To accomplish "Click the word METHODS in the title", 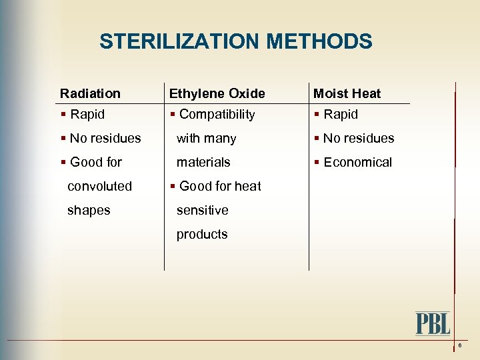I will pos(319,42).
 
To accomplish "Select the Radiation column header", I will pos(90,94).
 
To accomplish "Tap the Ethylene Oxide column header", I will pos(217,94).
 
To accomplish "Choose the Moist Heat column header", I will pos(347,94).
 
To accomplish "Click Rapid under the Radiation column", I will pos(87,115).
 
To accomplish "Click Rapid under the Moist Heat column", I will pos(341,115).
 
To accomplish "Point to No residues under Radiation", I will pos(105,139).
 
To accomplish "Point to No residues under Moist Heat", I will pos(359,139).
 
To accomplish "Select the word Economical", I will pos(357,163).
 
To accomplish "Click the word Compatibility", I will pos(217,115).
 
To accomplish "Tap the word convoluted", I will pos(100,187).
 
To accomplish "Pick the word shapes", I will pos(89,211).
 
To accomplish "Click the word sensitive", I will pos(202,211).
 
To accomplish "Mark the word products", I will pos(202,235).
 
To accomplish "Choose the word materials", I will pos(203,163).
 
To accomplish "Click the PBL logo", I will pos(433,323).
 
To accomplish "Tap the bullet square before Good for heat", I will pos(173,187).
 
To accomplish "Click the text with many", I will pos(206,139).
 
